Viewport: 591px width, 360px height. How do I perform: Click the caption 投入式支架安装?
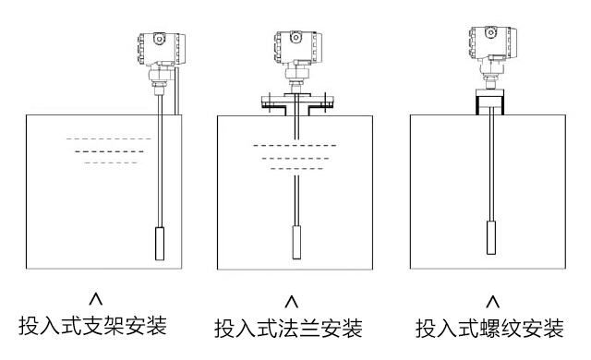point(92,326)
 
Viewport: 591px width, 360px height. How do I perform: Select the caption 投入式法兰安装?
point(288,329)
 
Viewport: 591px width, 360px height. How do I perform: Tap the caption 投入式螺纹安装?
point(489,329)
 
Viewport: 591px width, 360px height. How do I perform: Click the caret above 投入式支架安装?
point(96,298)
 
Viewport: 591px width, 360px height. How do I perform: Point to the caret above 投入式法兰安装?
point(292,301)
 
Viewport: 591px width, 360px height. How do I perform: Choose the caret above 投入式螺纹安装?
point(492,301)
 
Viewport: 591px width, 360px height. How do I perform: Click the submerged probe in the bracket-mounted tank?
point(160,244)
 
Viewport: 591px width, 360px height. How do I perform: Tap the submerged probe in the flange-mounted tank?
point(296,242)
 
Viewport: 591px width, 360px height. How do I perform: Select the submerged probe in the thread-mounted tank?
point(491,237)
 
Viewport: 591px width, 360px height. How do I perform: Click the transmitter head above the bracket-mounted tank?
point(162,49)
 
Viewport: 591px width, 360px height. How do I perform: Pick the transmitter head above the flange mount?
point(297,47)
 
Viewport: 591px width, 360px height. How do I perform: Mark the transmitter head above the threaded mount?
point(492,43)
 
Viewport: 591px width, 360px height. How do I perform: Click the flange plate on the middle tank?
point(297,102)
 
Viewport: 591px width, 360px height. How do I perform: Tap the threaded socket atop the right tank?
point(489,102)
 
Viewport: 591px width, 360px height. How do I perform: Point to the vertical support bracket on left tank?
point(176,90)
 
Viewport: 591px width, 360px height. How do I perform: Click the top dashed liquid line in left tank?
point(109,139)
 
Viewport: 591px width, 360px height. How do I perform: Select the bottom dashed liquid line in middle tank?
point(296,169)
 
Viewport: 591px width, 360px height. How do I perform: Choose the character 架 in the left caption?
point(114,326)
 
